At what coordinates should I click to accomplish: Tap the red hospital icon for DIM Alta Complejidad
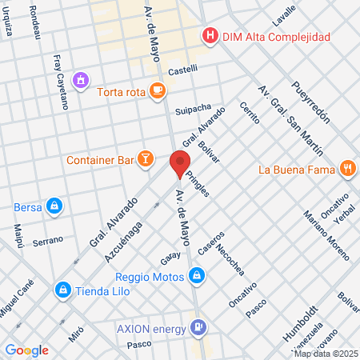click(x=210, y=35)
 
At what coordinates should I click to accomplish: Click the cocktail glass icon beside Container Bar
click(x=145, y=159)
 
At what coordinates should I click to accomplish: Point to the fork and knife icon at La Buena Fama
click(x=346, y=169)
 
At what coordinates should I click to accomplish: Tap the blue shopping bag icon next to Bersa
click(x=54, y=206)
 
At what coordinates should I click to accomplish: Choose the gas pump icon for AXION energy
click(x=198, y=327)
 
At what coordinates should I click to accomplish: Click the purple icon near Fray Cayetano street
click(x=79, y=80)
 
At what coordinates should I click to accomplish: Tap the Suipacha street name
click(x=193, y=108)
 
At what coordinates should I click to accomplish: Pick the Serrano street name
click(x=48, y=242)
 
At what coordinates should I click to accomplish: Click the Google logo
click(x=26, y=350)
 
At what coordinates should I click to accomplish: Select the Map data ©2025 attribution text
click(x=325, y=354)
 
